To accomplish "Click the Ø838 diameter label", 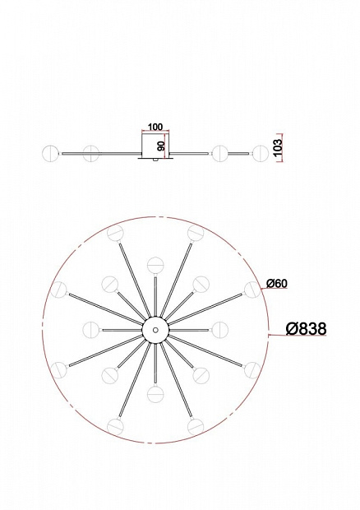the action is click(x=306, y=329).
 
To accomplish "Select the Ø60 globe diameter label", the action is click(x=277, y=284).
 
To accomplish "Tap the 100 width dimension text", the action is click(x=155, y=127).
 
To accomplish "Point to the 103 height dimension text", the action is click(x=279, y=146).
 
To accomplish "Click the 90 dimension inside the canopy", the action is click(x=161, y=146).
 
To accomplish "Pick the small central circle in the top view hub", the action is click(x=155, y=330).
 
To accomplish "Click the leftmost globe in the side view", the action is click(x=51, y=153).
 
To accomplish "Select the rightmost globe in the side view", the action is click(x=261, y=153).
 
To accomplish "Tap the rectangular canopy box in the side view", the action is click(x=155, y=146).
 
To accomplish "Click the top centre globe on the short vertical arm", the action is click(x=155, y=265).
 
